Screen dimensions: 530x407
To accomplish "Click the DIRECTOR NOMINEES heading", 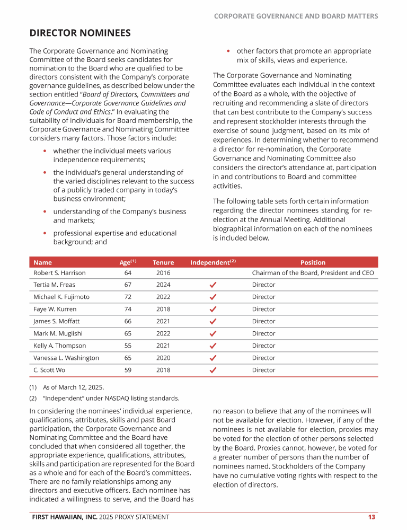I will click(x=79, y=33).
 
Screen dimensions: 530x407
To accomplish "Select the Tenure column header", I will click(x=163, y=262).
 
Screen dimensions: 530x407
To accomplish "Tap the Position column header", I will click(x=313, y=262).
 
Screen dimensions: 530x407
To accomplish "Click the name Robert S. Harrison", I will click(x=59, y=273).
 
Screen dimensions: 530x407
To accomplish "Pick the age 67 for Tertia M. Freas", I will click(x=128, y=285).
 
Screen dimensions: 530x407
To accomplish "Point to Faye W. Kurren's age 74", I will click(x=128, y=309).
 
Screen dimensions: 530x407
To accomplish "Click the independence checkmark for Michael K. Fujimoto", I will click(x=213, y=297).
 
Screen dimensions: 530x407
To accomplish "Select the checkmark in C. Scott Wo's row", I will click(x=213, y=370).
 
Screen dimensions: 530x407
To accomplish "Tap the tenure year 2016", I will click(x=163, y=273).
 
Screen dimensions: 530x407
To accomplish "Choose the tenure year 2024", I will click(x=163, y=285).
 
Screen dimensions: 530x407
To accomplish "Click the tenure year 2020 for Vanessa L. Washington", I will click(x=163, y=358).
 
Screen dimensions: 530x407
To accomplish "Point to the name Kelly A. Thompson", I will click(x=59, y=346).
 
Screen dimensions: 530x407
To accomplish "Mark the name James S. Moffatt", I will click(x=57, y=321).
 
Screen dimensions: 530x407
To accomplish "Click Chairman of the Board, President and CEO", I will click(x=313, y=273).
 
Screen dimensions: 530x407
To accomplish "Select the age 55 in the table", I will click(x=128, y=346).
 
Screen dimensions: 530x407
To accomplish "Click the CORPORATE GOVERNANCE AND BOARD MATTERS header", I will click(x=296, y=16).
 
